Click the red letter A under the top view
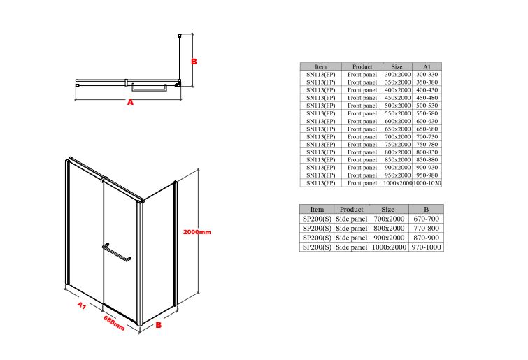pos(130,102)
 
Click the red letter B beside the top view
pos(194,62)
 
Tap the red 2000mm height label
pos(197,232)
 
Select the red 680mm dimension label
pos(114,323)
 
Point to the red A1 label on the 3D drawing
pos(82,305)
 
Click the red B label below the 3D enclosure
pos(158,325)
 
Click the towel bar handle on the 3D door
pos(117,252)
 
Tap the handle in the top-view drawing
pos(149,87)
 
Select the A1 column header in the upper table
pos(427,66)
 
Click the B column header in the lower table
pos(427,209)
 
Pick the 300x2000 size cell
pos(398,74)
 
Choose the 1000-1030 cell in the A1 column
pos(427,182)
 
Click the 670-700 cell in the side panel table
pos(427,219)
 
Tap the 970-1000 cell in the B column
pos(427,247)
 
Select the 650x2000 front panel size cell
pos(398,129)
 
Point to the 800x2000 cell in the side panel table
pos(389,228)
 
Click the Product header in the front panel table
pos(362,66)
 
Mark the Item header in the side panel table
pos(317,209)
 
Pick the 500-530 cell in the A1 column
pos(427,106)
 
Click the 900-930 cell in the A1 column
pos(427,167)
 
